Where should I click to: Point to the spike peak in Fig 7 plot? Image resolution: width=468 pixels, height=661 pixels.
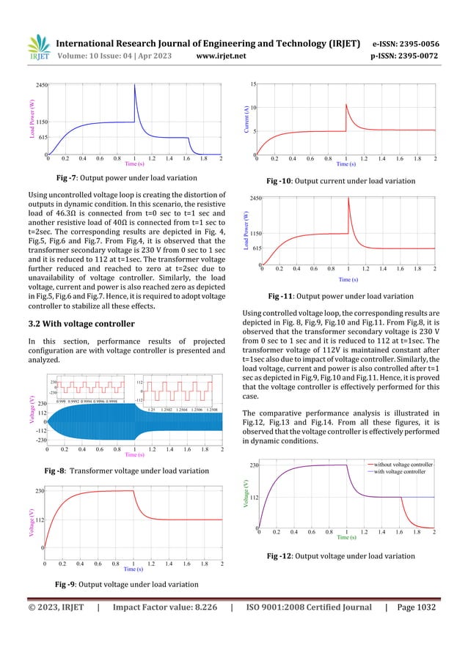[x=134, y=86]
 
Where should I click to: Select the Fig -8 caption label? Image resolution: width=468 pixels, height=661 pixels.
[x=69, y=470]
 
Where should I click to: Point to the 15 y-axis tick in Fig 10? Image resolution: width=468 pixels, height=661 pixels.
[x=252, y=84]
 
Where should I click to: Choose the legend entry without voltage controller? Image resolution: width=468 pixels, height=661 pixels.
[x=403, y=465]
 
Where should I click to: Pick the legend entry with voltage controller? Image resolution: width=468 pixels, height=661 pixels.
[x=400, y=472]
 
